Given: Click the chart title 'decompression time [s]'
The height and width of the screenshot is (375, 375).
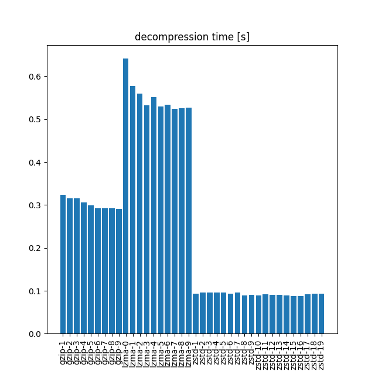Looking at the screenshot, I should click(192, 37).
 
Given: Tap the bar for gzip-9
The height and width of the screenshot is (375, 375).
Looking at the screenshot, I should click(119, 271).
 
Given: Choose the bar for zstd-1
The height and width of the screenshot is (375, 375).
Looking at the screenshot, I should click(196, 314).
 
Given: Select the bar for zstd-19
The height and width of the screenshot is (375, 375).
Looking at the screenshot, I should click(321, 314).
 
